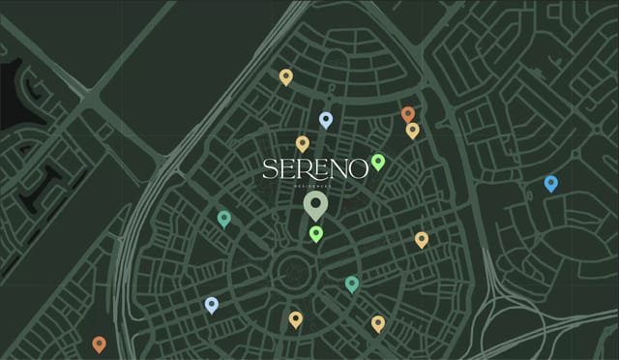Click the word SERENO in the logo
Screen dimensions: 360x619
coord(314,169)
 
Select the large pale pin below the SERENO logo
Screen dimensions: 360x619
coord(315,204)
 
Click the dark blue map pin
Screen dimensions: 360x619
coord(550,183)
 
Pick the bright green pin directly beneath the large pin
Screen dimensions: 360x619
coord(315,232)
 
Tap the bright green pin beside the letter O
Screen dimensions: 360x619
coord(378,161)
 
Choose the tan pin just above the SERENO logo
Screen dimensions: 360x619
coord(302,143)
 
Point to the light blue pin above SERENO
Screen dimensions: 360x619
coord(326,119)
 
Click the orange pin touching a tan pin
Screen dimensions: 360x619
coord(408,114)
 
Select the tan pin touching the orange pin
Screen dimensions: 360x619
coord(413,130)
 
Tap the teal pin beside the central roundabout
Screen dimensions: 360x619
coord(352,283)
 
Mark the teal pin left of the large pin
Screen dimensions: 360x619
coord(224,218)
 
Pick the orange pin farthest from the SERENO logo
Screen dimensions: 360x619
coord(99,343)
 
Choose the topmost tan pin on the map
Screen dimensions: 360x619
coord(285,76)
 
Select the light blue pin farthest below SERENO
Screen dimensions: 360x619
coord(212,305)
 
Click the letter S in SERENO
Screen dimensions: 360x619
coord(270,169)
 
